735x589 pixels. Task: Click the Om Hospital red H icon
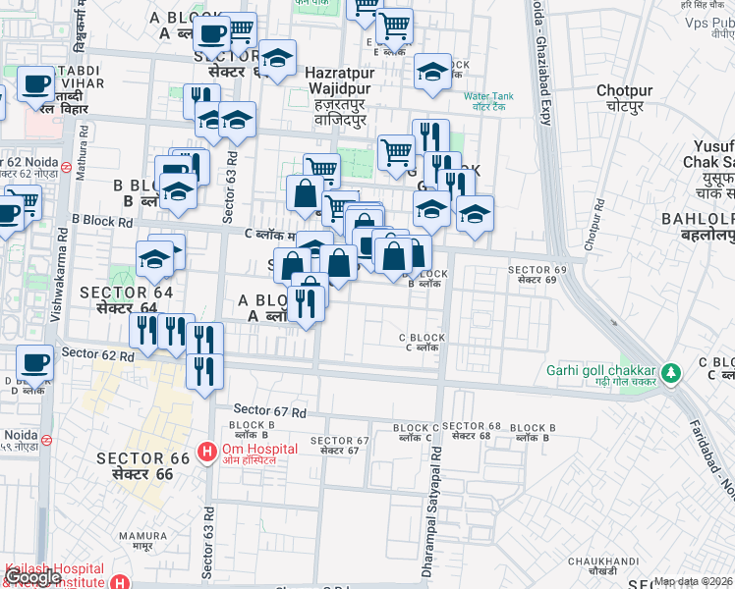coord(207,452)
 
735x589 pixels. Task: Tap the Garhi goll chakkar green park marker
coord(671,373)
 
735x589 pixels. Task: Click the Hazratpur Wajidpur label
coord(339,80)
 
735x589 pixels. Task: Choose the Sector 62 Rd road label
coord(97,353)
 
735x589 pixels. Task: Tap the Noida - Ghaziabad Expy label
coord(538,69)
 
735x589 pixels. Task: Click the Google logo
coord(31,578)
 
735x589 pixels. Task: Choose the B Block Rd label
coord(101,222)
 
